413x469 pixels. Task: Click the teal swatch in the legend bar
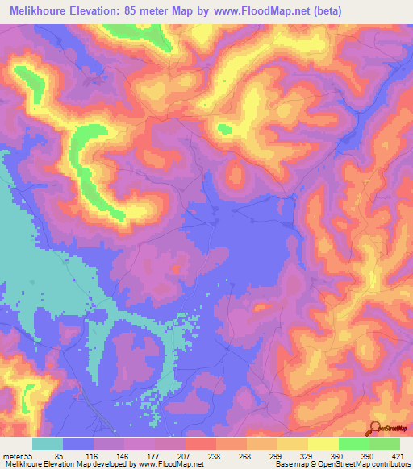48,444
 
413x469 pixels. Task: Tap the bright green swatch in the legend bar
353,444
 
